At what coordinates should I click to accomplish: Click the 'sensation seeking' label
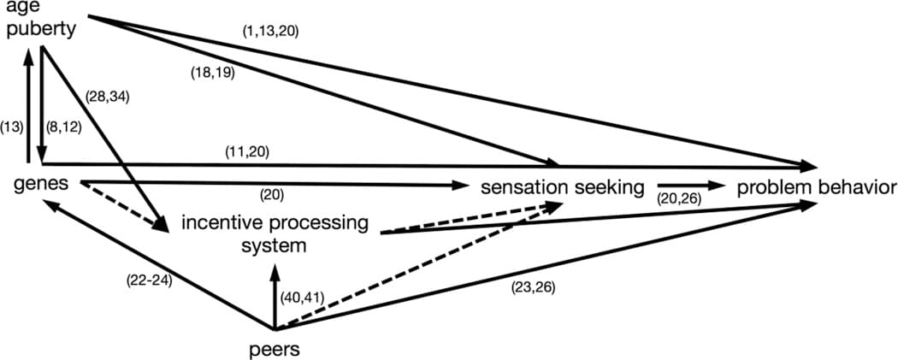pyautogui.click(x=562, y=187)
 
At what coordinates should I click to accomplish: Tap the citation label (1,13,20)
pyautogui.click(x=270, y=31)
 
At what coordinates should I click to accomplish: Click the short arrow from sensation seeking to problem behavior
pyautogui.click(x=689, y=184)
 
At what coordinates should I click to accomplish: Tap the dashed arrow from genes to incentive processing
pyautogui.click(x=124, y=206)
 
